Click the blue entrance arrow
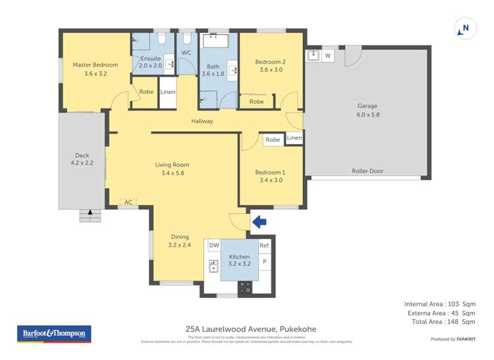[x=259, y=222]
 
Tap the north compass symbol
[x=465, y=29]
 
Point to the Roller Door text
[x=368, y=171]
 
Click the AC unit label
[x=128, y=203]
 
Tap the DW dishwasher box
[x=213, y=245]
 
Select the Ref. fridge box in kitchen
[x=265, y=245]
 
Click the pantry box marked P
[x=265, y=261]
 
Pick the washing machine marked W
[x=327, y=56]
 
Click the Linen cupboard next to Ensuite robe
[x=167, y=92]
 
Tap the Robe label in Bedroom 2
[x=256, y=102]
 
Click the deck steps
[x=90, y=215]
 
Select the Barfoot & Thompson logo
[x=53, y=334]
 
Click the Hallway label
[x=202, y=121]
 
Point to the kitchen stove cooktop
[x=244, y=286]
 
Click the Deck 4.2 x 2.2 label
[x=82, y=158]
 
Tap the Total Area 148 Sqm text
[x=439, y=322]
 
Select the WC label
[x=186, y=53]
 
